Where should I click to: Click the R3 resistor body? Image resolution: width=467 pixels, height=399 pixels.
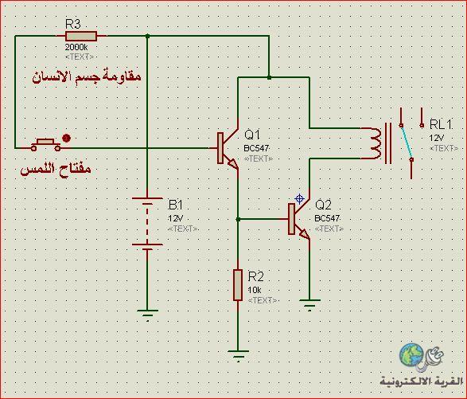tap(81, 36)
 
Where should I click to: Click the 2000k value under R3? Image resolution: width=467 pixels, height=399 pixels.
tap(76, 47)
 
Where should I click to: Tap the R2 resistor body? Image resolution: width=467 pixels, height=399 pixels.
tap(238, 285)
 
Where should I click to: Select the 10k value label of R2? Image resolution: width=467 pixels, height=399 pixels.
tap(255, 290)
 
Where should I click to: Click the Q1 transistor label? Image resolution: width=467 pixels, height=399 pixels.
tap(252, 135)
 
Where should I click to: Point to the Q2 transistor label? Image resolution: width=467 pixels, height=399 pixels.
tap(323, 205)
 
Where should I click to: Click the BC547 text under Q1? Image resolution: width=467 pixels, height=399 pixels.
tap(256, 148)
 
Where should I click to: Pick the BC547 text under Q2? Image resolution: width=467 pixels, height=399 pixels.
tap(327, 218)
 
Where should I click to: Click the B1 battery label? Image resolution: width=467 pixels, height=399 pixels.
tap(175, 205)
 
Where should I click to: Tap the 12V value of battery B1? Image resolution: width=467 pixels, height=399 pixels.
tap(175, 218)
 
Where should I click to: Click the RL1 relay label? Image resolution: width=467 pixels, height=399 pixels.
tap(441, 124)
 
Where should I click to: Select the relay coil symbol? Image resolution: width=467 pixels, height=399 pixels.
tap(376, 143)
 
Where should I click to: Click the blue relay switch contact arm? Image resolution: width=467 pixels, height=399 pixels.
tap(407, 142)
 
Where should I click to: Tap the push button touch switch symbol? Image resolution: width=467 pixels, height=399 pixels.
tap(45, 144)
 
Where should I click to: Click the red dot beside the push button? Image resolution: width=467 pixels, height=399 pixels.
tap(66, 138)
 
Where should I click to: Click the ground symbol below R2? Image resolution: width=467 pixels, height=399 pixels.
tap(238, 355)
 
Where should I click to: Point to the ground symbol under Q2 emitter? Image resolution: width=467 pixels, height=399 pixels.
tap(309, 305)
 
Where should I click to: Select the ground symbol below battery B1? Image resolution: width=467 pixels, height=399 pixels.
tap(147, 315)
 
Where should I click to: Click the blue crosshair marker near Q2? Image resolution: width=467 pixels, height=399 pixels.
tap(299, 198)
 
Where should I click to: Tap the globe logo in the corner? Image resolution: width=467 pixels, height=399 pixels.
tap(411, 355)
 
